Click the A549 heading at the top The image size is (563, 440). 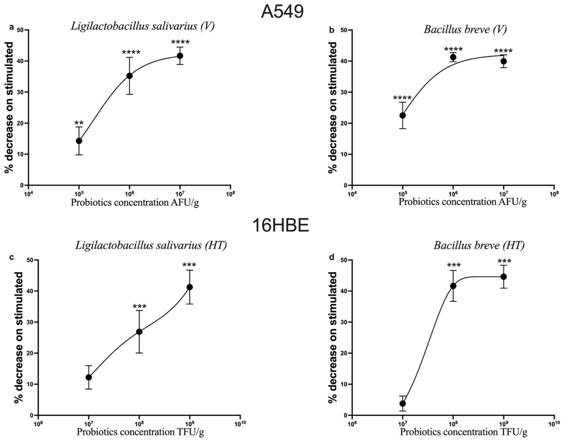coord(282,11)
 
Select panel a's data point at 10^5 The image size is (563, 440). coord(79,141)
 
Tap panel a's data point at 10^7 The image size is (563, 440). coord(180,56)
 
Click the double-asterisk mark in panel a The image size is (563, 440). coord(79,123)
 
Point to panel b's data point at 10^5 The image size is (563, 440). coord(402,115)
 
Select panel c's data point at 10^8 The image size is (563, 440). coord(139,332)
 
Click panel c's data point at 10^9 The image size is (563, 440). coord(190,287)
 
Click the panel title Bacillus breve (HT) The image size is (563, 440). coord(479,245)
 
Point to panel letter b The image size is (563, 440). coord(332,30)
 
